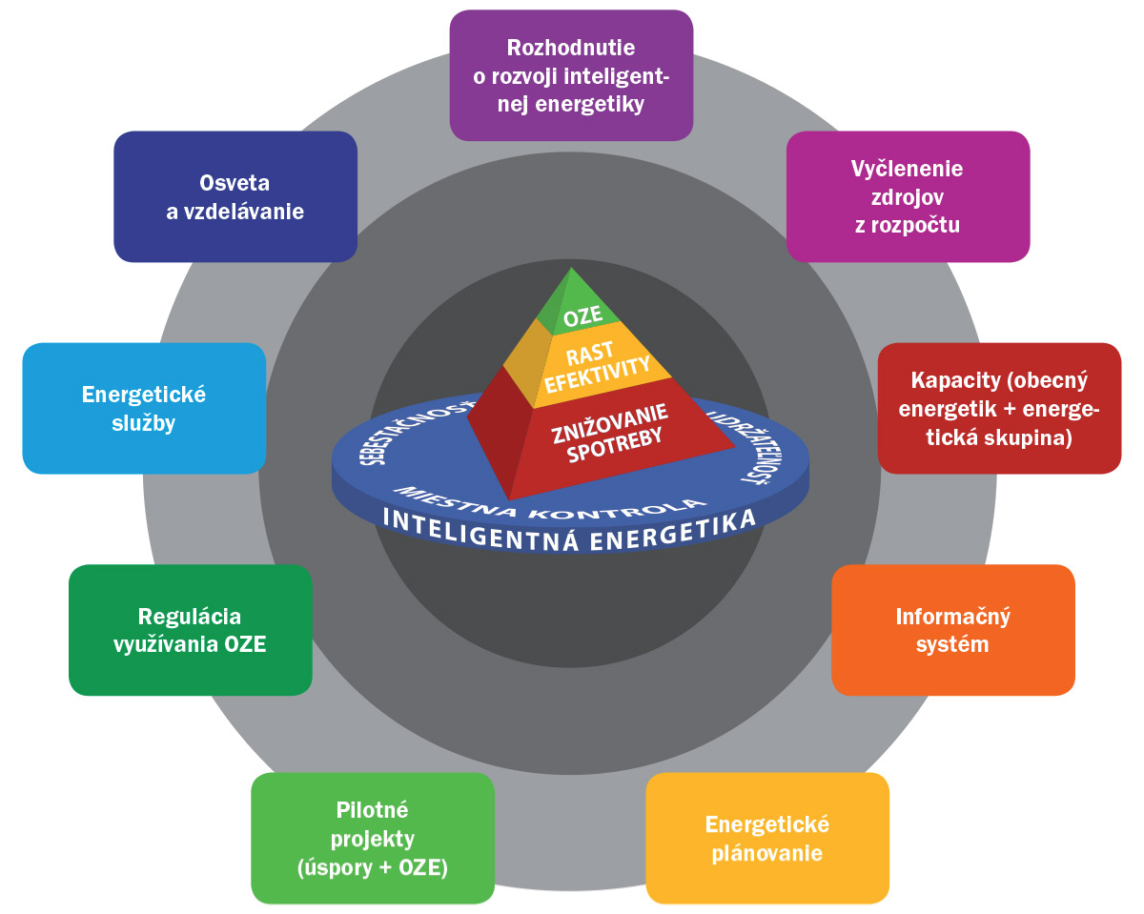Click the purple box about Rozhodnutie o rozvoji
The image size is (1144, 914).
(571, 75)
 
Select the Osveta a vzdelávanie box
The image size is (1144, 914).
(235, 196)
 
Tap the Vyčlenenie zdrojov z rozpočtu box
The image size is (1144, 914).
(908, 196)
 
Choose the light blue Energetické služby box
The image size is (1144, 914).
(144, 408)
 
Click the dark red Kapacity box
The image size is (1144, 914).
(999, 408)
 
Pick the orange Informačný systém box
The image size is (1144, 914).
(953, 629)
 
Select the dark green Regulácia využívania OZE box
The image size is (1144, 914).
(191, 629)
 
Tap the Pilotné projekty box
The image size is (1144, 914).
(373, 838)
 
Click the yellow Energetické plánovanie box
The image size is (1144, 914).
(767, 838)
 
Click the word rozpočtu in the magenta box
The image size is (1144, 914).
(908, 226)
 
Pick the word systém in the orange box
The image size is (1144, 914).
(953, 644)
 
